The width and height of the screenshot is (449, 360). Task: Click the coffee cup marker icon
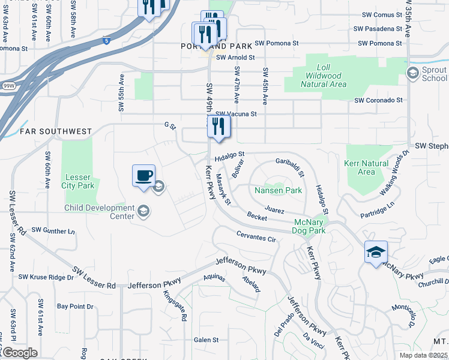(143, 176)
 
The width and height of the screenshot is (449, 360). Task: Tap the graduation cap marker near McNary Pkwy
(376, 252)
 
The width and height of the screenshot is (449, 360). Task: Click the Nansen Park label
(278, 190)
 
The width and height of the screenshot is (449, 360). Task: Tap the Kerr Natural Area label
(367, 167)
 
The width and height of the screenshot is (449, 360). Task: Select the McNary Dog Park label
(310, 226)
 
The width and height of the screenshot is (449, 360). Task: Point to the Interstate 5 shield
(106, 41)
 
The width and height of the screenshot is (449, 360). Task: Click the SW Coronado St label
(378, 101)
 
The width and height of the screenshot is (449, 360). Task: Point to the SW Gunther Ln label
(53, 230)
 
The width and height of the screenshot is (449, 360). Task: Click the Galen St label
(206, 340)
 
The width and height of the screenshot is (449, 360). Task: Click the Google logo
(20, 353)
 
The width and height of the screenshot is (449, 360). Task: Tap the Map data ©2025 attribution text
(423, 355)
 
